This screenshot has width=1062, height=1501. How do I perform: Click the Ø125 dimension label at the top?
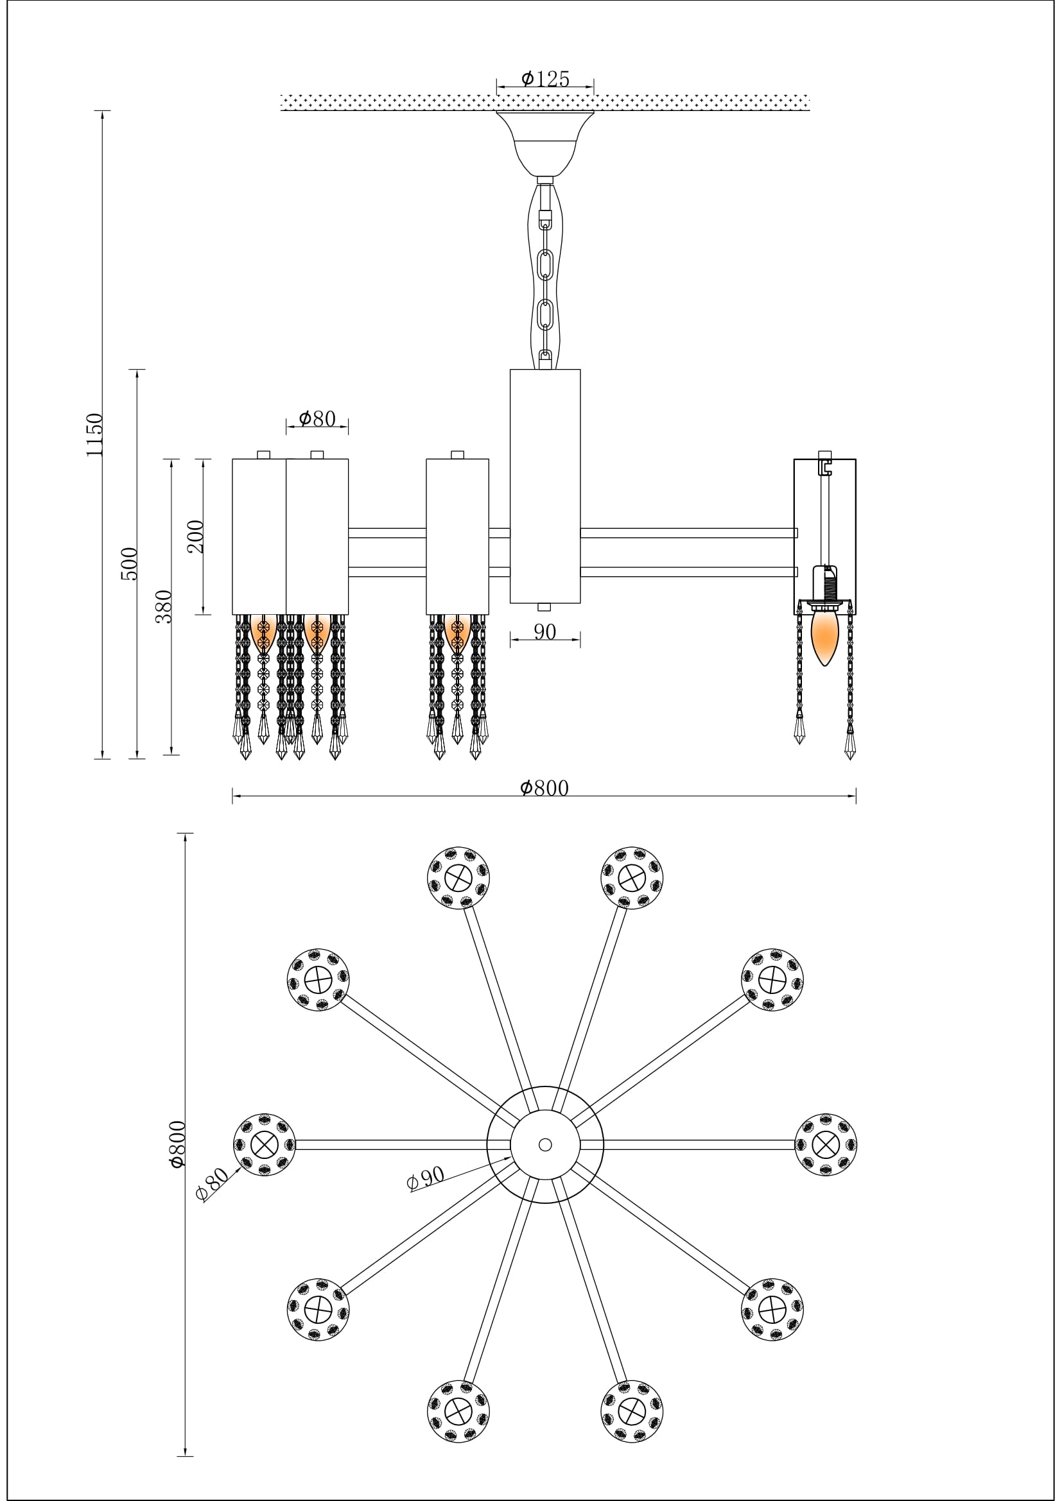click(x=544, y=79)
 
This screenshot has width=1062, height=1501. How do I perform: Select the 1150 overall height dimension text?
click(x=95, y=434)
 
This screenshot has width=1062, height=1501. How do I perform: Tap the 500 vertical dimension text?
click(x=130, y=563)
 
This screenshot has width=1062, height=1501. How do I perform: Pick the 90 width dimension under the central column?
click(x=544, y=632)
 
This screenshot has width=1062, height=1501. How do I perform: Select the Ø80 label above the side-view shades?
click(x=317, y=418)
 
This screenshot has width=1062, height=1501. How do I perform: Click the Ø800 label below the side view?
click(x=544, y=789)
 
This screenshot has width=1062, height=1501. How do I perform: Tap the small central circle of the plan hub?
click(x=544, y=1145)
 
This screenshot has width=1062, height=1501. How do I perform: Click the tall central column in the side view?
click(x=544, y=485)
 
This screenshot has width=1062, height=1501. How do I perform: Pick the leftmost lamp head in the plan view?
click(x=264, y=1145)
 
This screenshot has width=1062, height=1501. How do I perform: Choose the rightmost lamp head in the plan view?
click(x=826, y=1145)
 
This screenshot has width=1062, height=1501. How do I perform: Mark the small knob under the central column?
click(x=544, y=607)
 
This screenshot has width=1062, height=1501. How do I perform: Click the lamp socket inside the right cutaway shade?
click(x=824, y=584)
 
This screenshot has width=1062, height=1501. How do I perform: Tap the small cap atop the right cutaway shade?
click(x=824, y=454)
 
